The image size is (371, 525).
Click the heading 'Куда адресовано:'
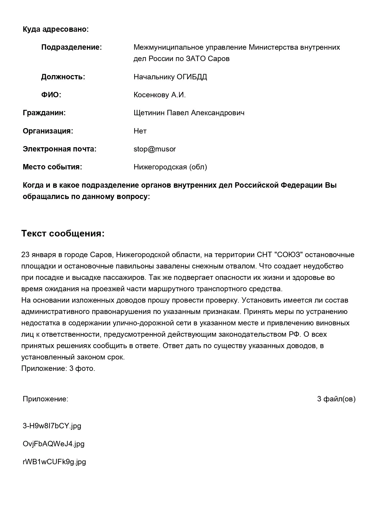point(56,29)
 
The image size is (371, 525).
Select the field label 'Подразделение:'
point(71,47)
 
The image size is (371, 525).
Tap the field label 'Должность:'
point(63,77)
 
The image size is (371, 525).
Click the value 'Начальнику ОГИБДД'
point(170,77)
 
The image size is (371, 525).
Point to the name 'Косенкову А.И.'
point(160,95)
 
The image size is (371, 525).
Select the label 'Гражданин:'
point(44,113)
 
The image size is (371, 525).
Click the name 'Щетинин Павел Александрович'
point(189,113)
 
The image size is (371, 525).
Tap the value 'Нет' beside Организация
point(140,131)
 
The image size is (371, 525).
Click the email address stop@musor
point(155,149)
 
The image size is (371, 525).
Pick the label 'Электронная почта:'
point(59,149)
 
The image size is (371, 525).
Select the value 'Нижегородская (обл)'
point(170,167)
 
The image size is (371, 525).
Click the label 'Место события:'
point(52,167)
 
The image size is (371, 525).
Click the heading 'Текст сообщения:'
point(63,233)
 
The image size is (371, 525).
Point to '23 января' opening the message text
point(39,255)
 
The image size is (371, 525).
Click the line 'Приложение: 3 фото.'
point(58,368)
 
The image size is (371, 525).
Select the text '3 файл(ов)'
point(336,399)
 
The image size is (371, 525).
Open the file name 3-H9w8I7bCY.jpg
point(52,426)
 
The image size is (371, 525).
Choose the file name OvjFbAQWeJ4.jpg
point(54,444)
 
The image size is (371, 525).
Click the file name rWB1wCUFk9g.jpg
point(54,462)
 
